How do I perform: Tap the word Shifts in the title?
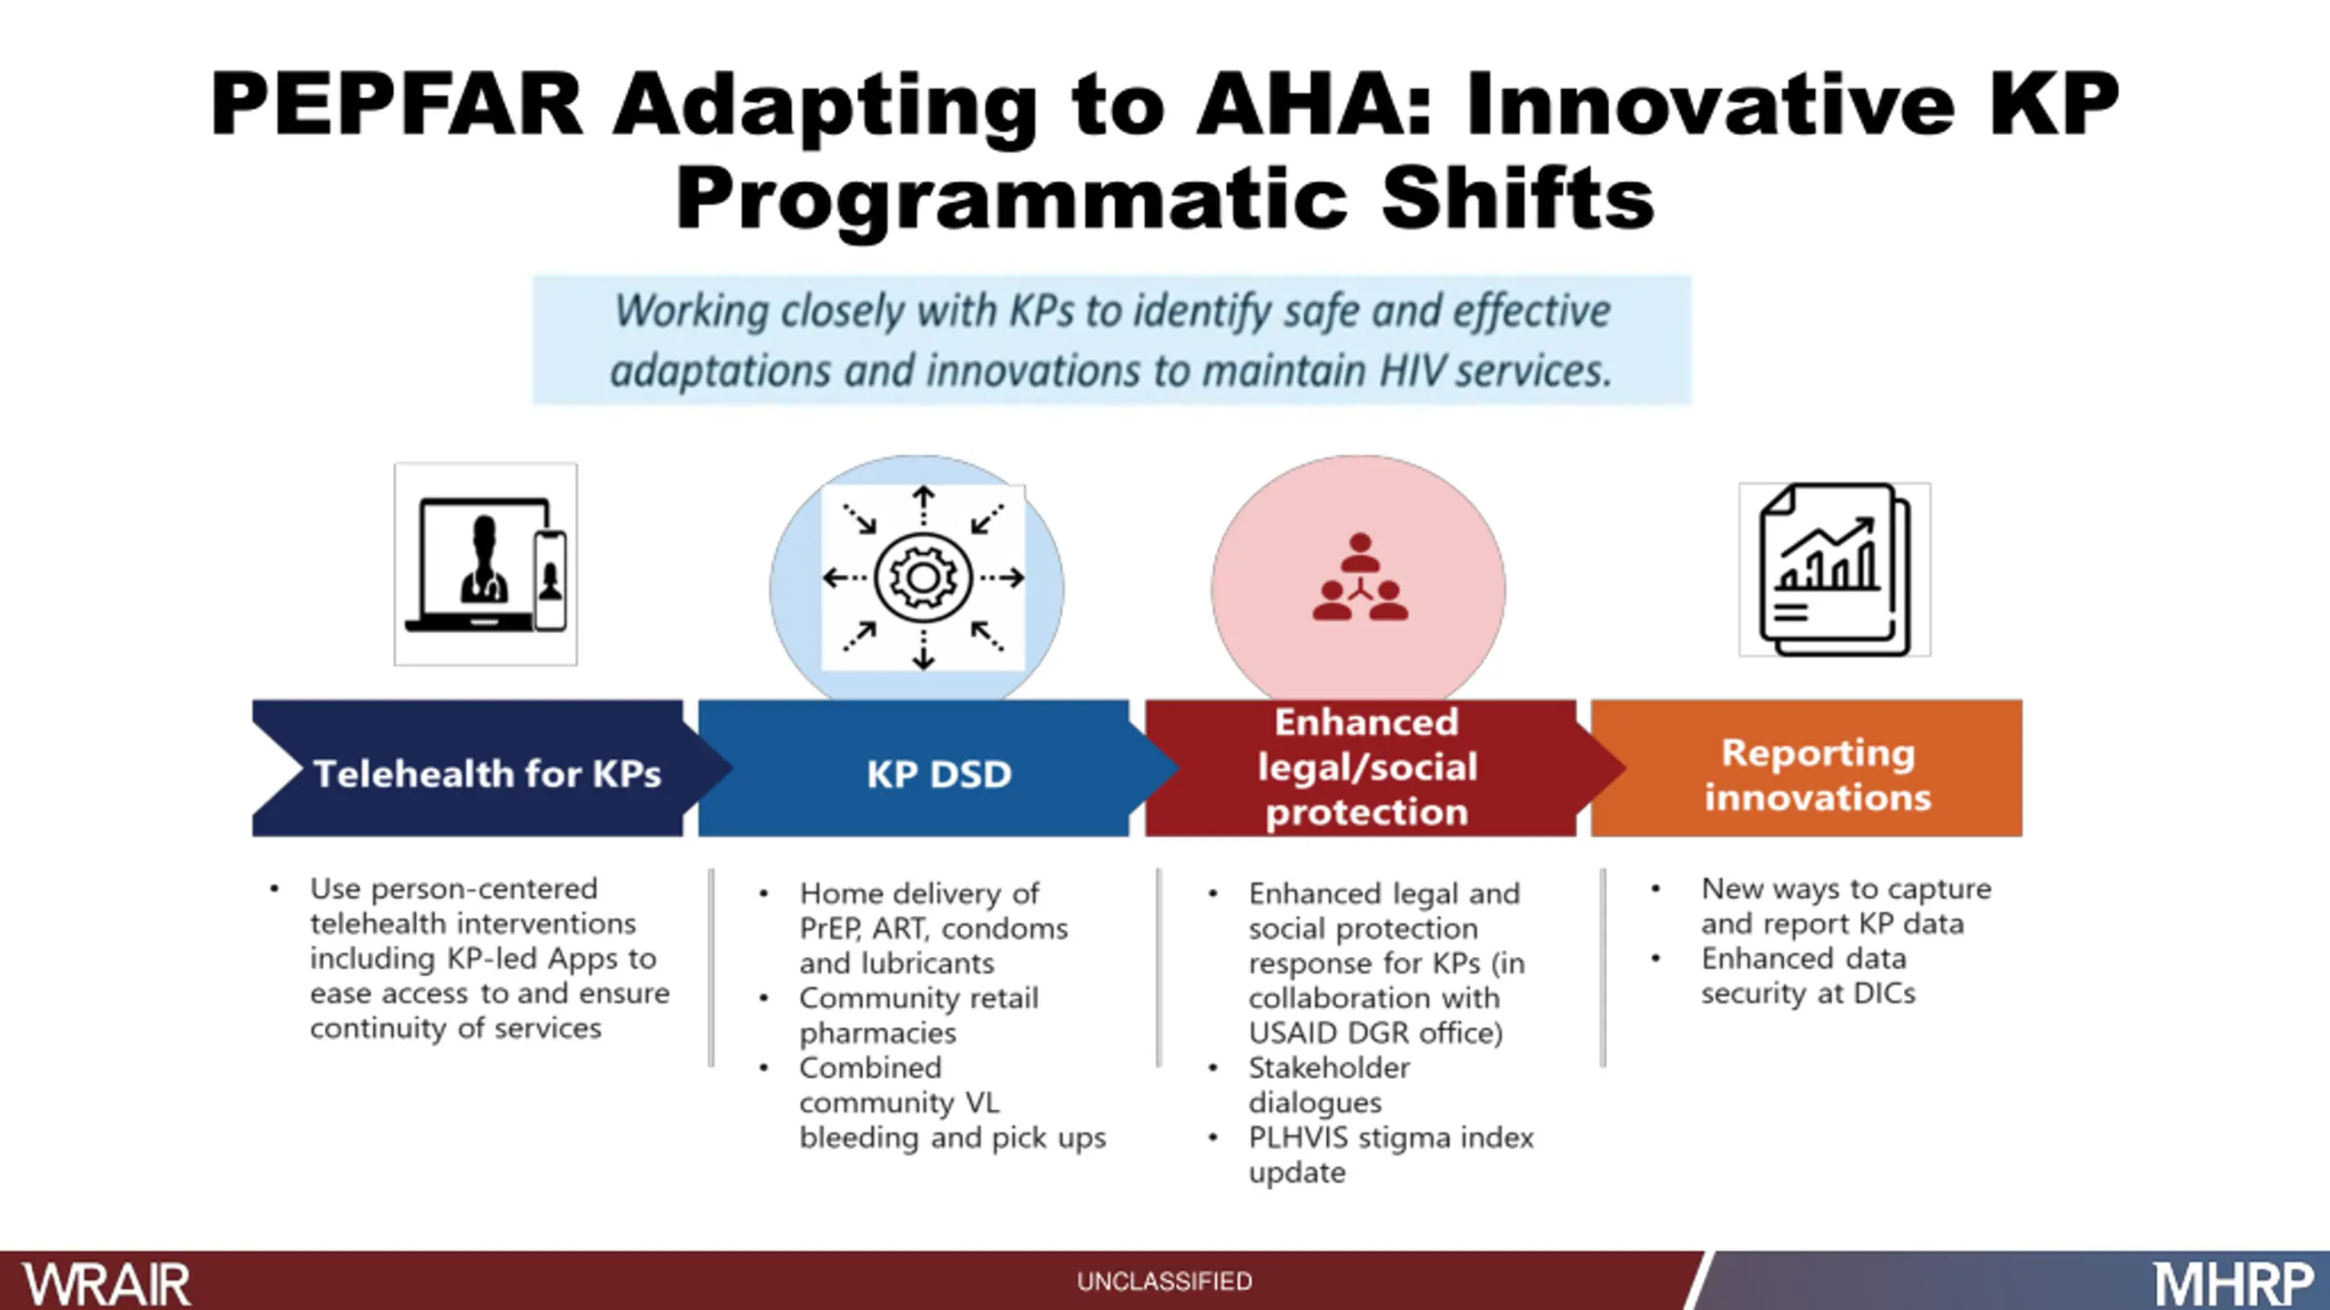(1517, 199)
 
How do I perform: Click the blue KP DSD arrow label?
(938, 774)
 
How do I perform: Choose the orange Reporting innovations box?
(1807, 768)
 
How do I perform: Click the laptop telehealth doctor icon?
(485, 564)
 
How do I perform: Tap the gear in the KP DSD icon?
(923, 578)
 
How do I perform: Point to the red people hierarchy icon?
(1360, 577)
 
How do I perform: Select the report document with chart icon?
(1835, 569)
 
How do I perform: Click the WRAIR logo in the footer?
(106, 1284)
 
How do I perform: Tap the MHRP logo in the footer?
(2233, 1285)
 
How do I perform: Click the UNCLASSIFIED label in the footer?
(1164, 1282)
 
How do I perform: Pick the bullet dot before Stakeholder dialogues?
(1212, 1068)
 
